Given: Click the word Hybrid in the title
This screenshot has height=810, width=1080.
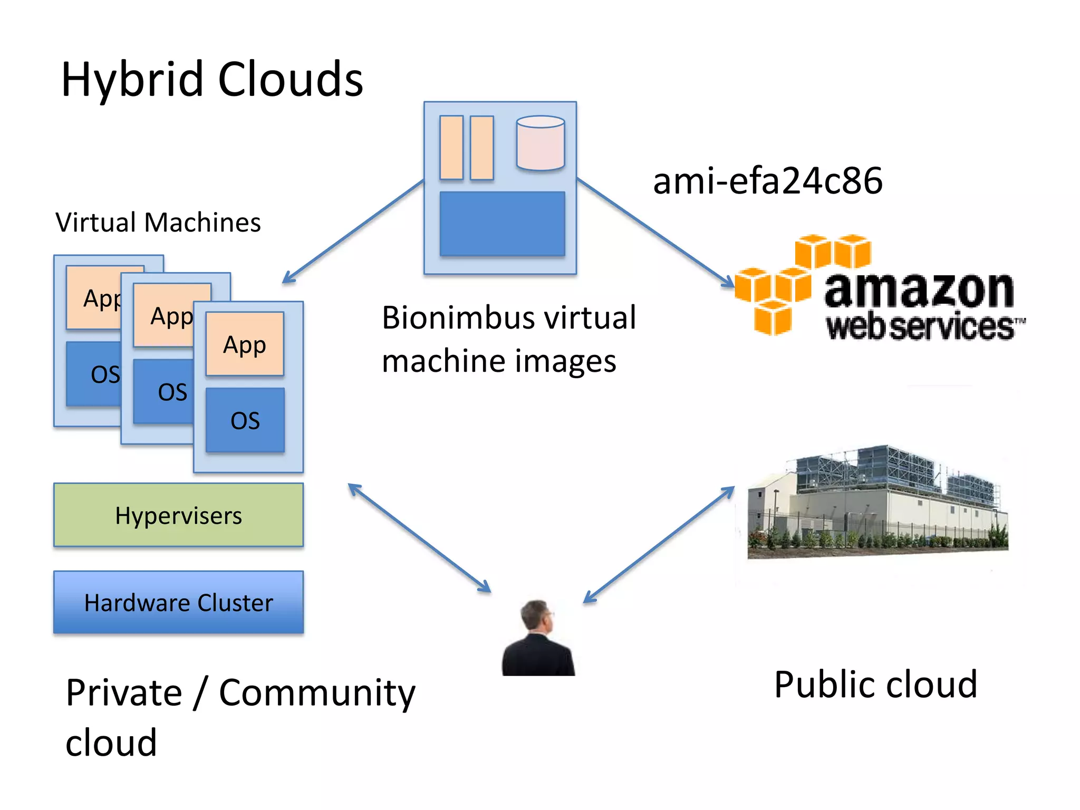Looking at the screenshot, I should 132,80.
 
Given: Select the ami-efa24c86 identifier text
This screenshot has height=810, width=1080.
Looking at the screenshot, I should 767,181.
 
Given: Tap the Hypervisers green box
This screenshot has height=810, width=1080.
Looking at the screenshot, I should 178,515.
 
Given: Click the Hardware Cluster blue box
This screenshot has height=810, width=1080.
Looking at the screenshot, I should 178,602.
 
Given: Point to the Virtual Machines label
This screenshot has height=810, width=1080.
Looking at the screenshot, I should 158,222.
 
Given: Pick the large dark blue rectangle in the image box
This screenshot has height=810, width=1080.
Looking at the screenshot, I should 502,224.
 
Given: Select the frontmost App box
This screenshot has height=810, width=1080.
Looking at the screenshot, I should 245,344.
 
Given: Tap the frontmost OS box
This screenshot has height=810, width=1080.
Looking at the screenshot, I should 245,420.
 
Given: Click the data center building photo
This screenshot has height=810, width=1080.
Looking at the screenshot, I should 877,504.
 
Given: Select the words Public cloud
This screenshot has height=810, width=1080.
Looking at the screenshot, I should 875,684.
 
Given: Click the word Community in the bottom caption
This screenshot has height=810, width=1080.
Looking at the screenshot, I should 316,693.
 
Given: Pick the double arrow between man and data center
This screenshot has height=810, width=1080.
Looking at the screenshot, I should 659,544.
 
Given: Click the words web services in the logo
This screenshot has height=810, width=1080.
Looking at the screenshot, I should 920,327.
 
